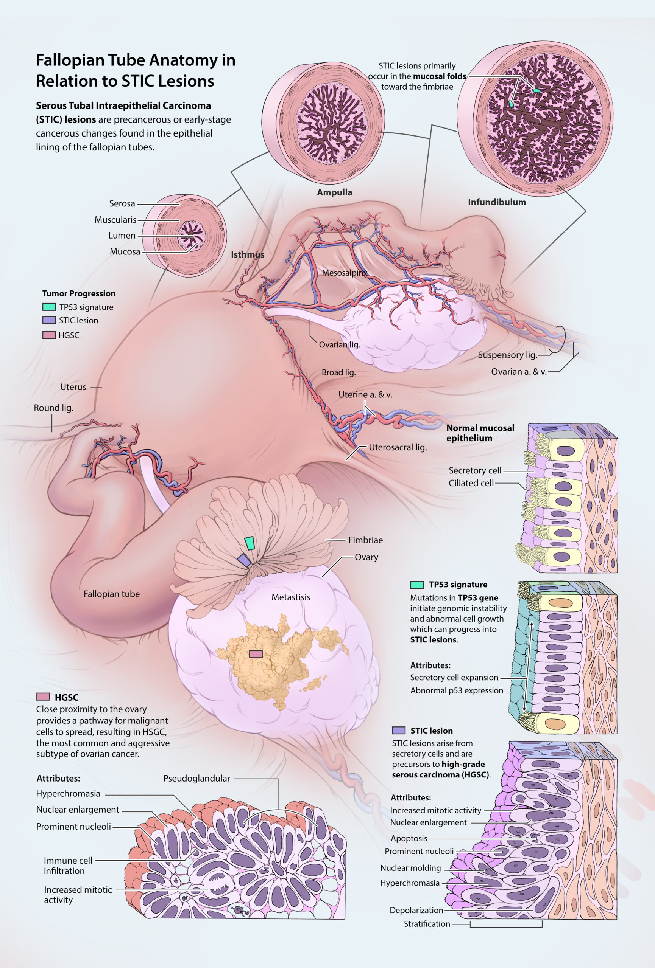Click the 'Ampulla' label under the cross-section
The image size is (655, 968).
[x=334, y=192]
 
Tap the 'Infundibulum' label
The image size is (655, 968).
[x=497, y=202]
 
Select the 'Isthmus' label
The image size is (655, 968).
[x=248, y=254]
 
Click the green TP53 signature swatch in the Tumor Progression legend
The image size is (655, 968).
[x=49, y=307]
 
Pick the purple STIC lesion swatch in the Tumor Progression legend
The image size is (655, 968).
[x=49, y=320]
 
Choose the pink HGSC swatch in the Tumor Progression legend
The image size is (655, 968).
[x=49, y=335]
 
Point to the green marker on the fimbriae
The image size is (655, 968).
[x=250, y=543]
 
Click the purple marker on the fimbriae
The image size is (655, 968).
[x=244, y=561]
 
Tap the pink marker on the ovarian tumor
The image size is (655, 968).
[x=256, y=654]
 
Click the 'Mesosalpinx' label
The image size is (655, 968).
[x=345, y=273]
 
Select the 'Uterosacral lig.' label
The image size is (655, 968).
[x=398, y=447]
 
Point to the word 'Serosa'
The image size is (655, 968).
[x=122, y=204]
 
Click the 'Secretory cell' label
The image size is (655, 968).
[x=475, y=470]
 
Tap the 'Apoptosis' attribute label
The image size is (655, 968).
[x=409, y=838]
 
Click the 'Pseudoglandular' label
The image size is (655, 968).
[x=196, y=778]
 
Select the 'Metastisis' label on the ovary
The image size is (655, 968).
[x=291, y=597]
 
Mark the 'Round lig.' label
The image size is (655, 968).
[x=53, y=408]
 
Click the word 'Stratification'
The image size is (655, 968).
[x=427, y=924]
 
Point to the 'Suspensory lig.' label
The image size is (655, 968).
[x=507, y=355]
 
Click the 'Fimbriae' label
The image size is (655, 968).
[x=365, y=540]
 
